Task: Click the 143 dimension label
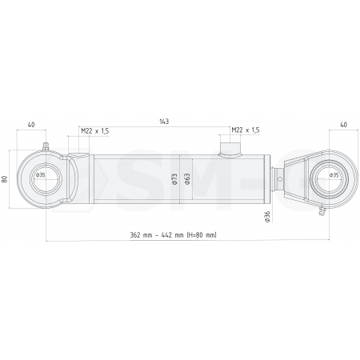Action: click(163, 122)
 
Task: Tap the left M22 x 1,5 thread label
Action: click(95, 130)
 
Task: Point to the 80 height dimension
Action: click(6, 178)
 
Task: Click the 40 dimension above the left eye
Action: click(31, 125)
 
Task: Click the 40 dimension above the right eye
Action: click(343, 125)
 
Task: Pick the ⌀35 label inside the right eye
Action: click(333, 174)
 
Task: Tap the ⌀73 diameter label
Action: click(174, 178)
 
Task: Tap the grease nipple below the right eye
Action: click(322, 212)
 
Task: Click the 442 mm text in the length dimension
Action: click(170, 234)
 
